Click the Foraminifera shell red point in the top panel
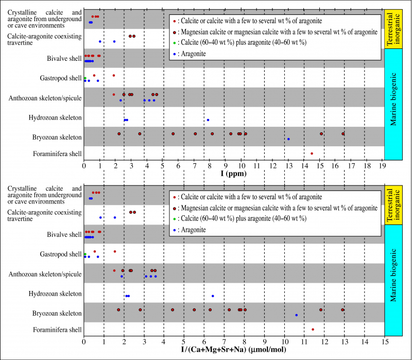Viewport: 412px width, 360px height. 312,153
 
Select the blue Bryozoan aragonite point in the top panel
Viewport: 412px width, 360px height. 288,139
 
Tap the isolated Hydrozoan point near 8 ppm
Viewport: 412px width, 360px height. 208,120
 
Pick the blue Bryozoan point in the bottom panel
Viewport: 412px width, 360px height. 296,315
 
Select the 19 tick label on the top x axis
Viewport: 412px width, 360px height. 382,166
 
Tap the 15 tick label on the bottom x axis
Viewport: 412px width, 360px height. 384,341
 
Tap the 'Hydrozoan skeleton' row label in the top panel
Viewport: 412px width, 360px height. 54,118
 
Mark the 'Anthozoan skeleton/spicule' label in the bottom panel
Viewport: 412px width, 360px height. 45,274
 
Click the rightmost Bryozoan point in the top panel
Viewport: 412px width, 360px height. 343,134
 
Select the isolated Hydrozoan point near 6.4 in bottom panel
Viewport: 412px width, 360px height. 213,296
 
